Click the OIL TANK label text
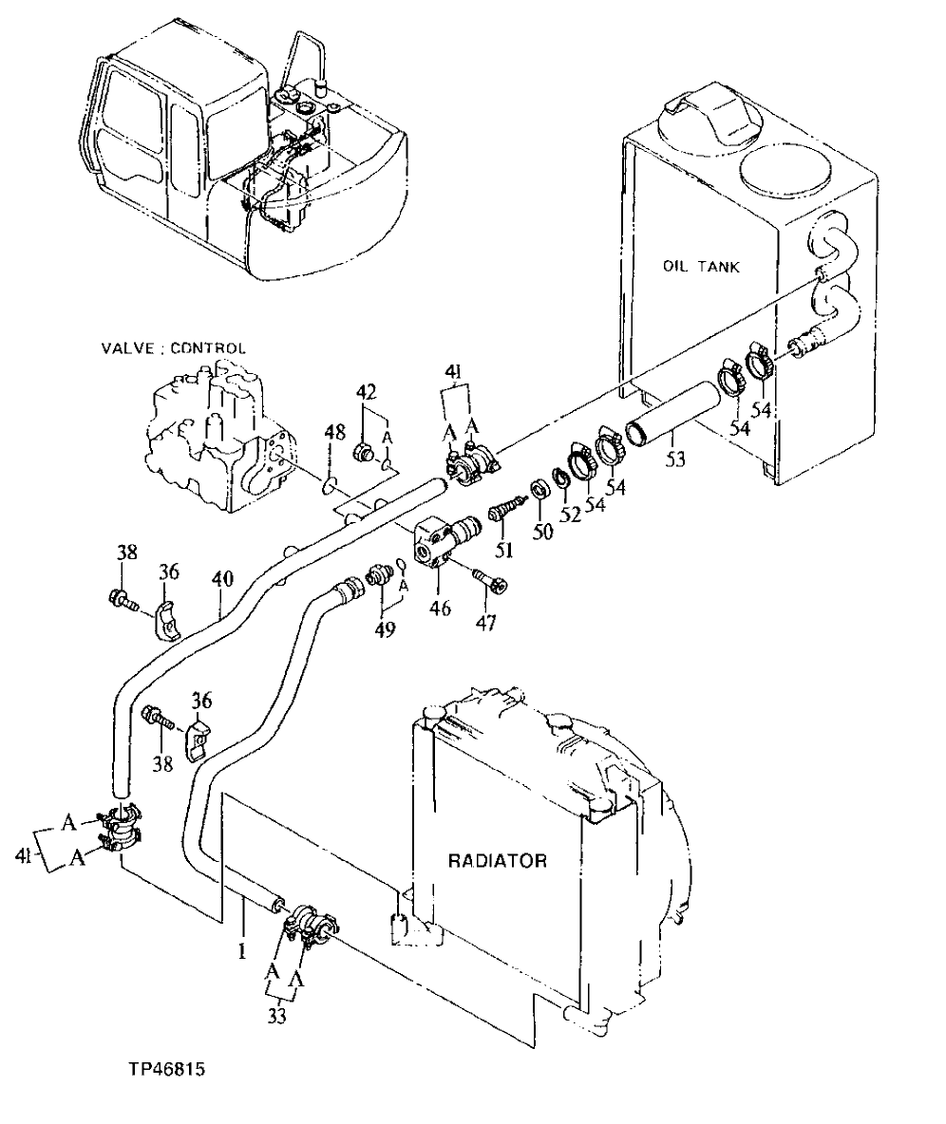tap(700, 267)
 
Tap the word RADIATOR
tap(498, 861)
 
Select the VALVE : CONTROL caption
tap(174, 348)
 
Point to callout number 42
tap(366, 393)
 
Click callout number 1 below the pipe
tap(241, 949)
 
